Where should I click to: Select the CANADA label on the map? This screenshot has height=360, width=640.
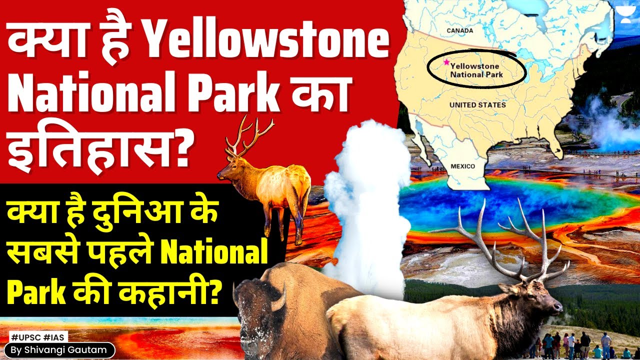460,31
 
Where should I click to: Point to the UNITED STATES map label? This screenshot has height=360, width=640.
477,105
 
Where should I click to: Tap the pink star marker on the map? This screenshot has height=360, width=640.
446,62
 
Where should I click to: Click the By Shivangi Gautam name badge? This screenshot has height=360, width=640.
58,350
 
